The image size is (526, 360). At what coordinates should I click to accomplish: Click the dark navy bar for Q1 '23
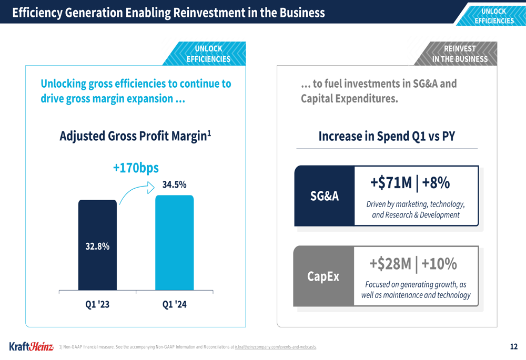[x=97, y=221]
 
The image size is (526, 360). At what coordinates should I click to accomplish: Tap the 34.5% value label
[x=174, y=185]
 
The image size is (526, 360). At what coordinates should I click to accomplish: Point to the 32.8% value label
[x=97, y=246]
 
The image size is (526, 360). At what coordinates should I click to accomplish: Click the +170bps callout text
[x=136, y=168]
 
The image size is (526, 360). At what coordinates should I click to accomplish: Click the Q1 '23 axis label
[x=97, y=304]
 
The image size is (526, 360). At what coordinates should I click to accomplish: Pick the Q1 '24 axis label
[x=174, y=304]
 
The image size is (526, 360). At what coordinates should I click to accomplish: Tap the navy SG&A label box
[x=325, y=196]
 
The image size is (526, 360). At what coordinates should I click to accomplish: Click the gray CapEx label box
[x=323, y=276]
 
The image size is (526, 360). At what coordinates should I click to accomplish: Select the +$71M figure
[x=391, y=183]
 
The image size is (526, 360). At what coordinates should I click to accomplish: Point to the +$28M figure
[x=391, y=263]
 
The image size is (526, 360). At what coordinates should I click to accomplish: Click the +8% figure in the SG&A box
[x=436, y=183]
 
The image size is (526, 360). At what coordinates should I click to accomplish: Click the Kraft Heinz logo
[x=31, y=347]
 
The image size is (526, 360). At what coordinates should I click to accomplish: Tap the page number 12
[x=514, y=347]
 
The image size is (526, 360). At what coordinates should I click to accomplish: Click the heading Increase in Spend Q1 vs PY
[x=387, y=137]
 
